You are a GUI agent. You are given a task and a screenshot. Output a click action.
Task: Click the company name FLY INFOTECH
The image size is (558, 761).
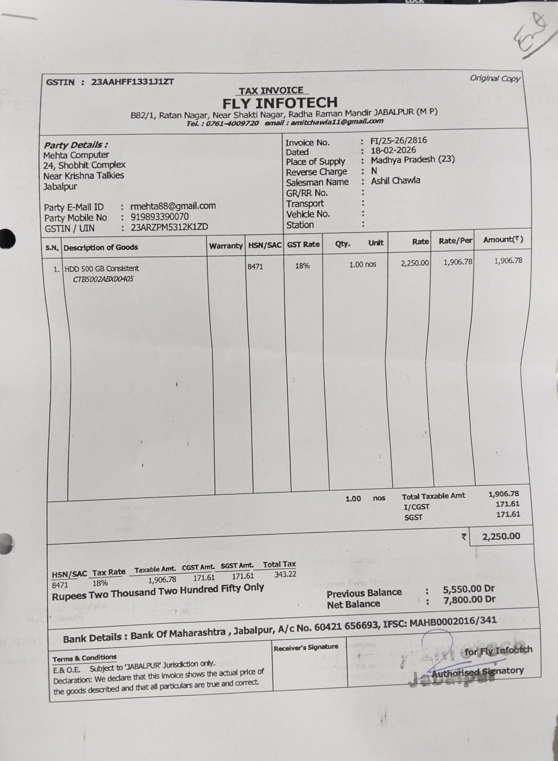[x=280, y=102]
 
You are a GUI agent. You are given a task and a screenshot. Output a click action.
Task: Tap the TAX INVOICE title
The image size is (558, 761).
[x=271, y=90]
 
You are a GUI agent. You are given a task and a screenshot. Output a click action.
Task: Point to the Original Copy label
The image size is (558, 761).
[x=495, y=78]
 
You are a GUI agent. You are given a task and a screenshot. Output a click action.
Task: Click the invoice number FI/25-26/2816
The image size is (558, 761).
[x=399, y=141]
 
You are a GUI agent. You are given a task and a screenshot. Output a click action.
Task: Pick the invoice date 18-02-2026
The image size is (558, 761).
[x=393, y=150]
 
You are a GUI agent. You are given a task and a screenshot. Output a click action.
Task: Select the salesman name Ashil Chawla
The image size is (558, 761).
[x=396, y=180]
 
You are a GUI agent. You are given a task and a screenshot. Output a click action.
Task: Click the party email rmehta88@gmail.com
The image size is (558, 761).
[x=173, y=206]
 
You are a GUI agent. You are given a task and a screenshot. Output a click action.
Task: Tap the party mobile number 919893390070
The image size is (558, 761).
[x=160, y=217]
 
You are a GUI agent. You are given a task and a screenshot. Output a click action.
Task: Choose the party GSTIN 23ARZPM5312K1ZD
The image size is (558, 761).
[x=169, y=227]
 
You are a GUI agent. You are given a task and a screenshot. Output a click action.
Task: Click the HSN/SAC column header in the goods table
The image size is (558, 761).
[x=265, y=245]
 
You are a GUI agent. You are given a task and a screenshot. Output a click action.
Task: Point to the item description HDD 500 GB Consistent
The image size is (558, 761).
[x=102, y=269]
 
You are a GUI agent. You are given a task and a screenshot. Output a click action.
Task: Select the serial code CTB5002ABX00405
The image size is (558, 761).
[x=104, y=279]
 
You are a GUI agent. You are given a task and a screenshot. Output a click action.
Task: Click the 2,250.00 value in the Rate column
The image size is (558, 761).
[x=415, y=263]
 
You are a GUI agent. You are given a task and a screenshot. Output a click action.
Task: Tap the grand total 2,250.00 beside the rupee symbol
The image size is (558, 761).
[x=501, y=537]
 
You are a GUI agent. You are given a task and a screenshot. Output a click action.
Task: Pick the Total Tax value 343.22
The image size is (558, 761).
[x=286, y=574]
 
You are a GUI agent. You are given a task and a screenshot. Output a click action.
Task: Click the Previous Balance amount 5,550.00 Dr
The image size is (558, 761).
[x=469, y=589]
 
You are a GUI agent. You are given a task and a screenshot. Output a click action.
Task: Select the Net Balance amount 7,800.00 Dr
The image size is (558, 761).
[x=469, y=600]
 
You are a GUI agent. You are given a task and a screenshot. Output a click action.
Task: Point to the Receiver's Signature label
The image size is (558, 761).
[x=306, y=647]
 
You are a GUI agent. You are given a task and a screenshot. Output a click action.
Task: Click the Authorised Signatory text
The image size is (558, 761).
[x=477, y=672]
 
